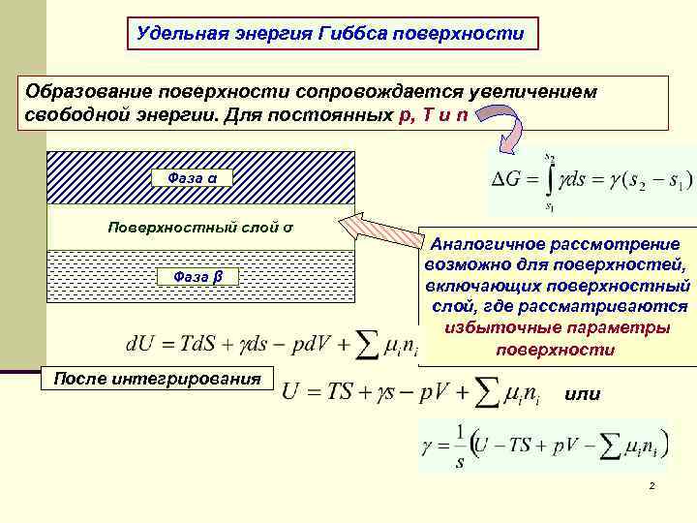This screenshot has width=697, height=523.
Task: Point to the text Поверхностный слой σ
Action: (200, 229)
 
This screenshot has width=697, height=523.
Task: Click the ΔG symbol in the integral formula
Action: (510, 178)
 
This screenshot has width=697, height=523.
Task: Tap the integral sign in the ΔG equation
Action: (549, 178)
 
